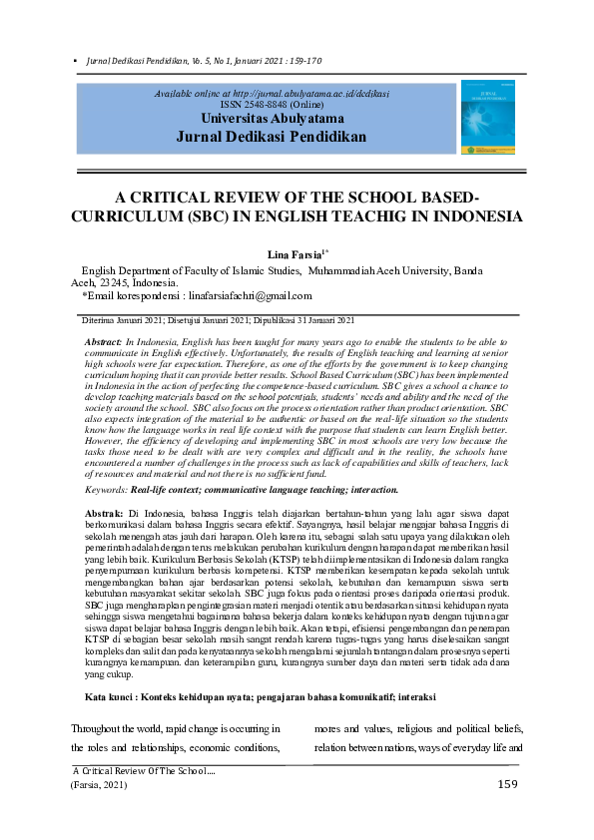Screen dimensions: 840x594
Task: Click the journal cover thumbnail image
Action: (x=488, y=117)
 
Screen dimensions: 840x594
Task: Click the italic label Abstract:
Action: (x=105, y=342)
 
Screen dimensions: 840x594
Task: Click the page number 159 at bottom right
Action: (x=507, y=785)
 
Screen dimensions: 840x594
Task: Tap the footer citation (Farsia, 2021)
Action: (x=101, y=785)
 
